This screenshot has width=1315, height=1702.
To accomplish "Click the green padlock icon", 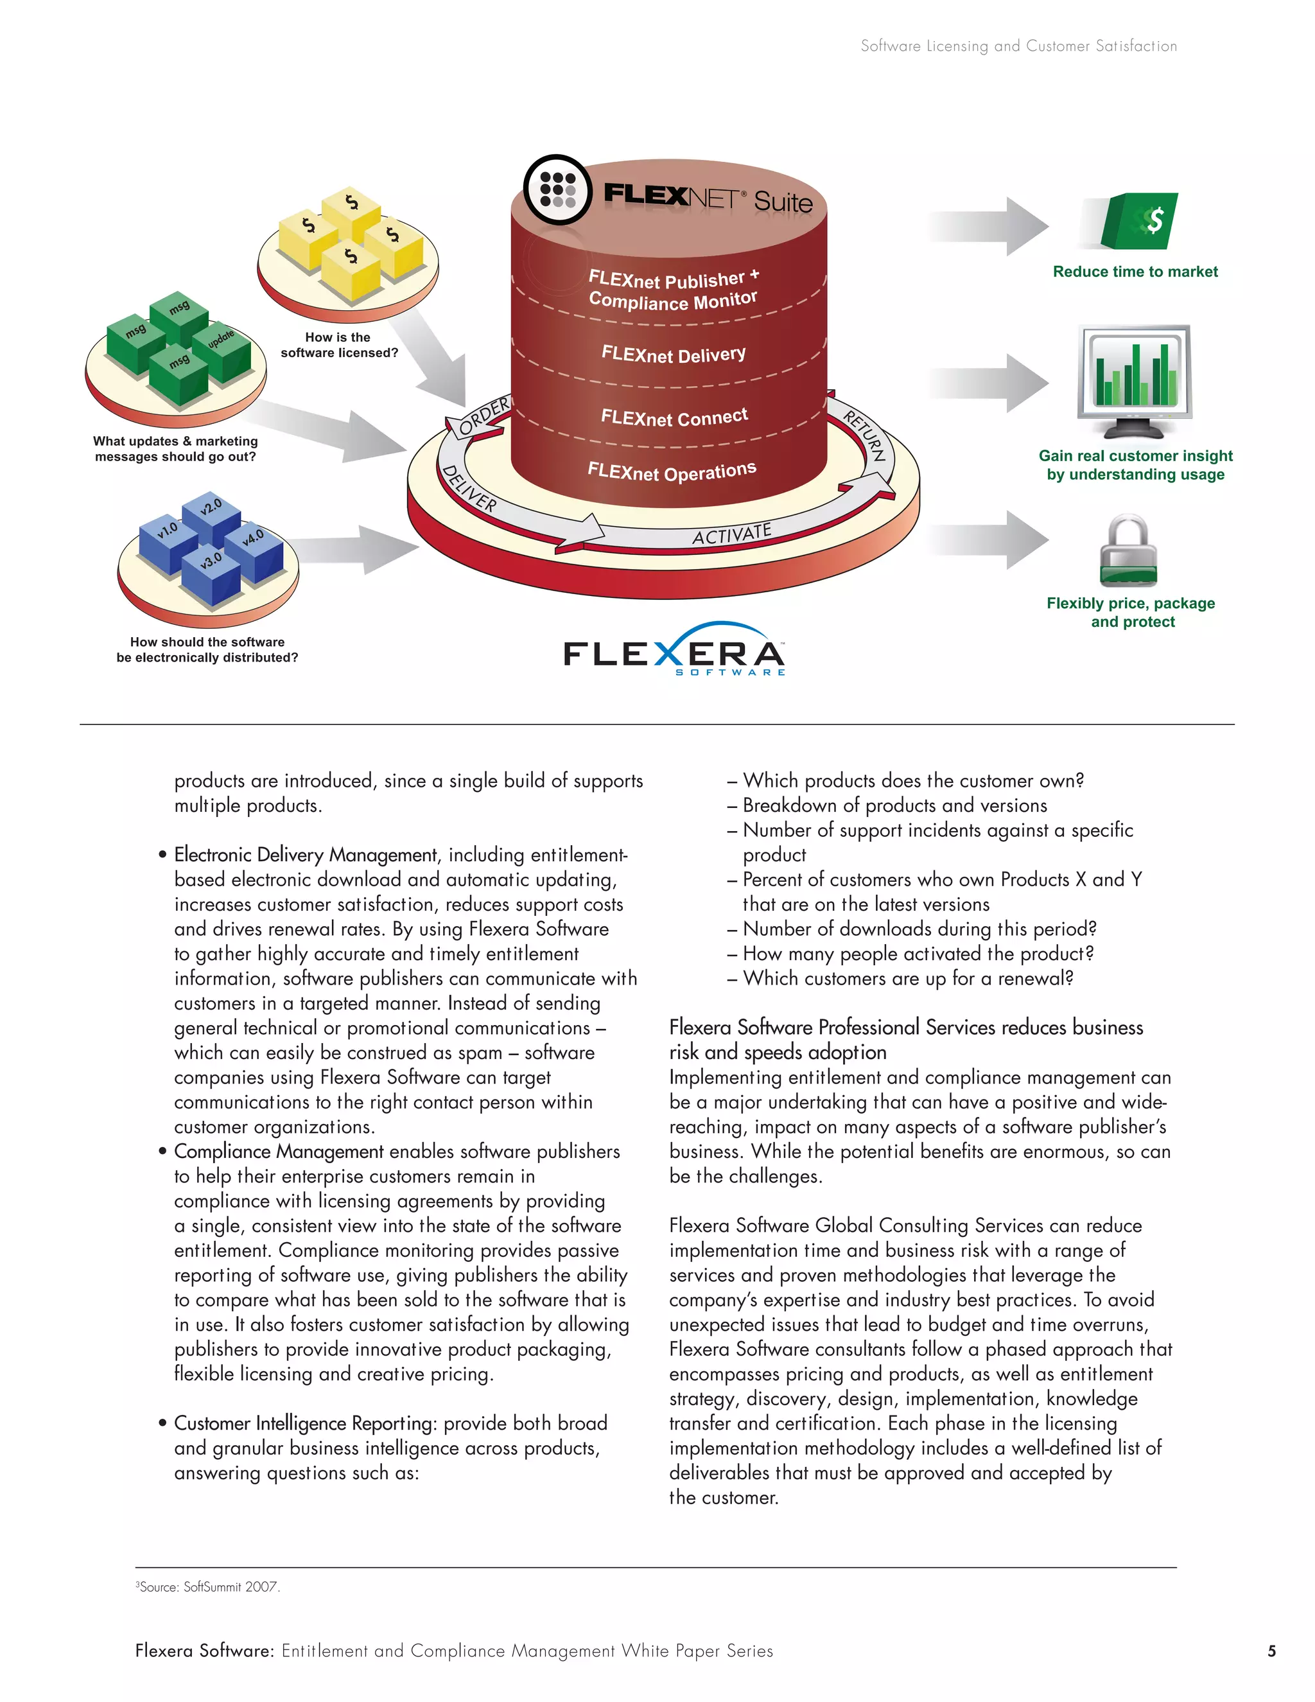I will click(1128, 551).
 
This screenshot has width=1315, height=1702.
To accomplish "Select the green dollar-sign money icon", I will click(1139, 222).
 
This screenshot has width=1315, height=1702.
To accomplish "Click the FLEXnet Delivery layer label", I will click(673, 355).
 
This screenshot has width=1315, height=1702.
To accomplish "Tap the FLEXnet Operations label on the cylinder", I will click(672, 471).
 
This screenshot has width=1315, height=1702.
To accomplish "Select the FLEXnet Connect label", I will click(674, 417).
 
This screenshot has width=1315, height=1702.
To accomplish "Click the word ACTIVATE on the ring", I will click(731, 534).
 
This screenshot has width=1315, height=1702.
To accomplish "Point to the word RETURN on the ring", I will click(866, 435).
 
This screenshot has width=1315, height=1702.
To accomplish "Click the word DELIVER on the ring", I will click(469, 489).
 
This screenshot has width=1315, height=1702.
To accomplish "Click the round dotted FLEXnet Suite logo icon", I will click(559, 189).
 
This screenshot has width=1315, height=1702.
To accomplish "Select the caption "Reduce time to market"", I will click(1135, 272).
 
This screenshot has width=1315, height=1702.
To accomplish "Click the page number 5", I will click(1271, 1651).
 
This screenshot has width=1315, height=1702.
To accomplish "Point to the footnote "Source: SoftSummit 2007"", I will click(209, 1586).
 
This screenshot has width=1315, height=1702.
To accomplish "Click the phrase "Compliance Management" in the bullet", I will click(278, 1152).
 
